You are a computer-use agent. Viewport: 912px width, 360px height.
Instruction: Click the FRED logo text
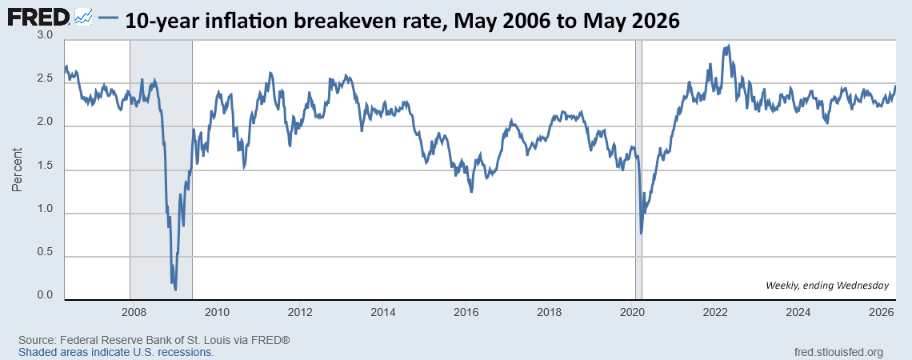(39, 18)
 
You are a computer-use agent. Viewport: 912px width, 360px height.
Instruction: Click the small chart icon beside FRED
(84, 18)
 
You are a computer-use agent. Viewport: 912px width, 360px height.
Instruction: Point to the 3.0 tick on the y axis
(46, 35)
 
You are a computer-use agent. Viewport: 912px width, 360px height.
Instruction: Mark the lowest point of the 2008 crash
(175, 289)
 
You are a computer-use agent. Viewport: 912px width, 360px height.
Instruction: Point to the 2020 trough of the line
(641, 234)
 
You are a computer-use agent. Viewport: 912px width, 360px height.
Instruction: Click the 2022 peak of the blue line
(728, 46)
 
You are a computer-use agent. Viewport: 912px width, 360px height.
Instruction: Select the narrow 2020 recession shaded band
(638, 169)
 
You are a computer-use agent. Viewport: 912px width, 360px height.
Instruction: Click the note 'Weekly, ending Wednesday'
(827, 285)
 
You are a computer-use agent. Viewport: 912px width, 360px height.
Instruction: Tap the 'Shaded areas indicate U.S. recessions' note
(116, 352)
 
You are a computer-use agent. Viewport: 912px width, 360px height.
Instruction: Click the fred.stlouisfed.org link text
(838, 352)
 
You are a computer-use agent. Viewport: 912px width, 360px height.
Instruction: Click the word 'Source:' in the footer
(34, 340)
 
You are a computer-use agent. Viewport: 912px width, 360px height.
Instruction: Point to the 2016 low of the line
(471, 191)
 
